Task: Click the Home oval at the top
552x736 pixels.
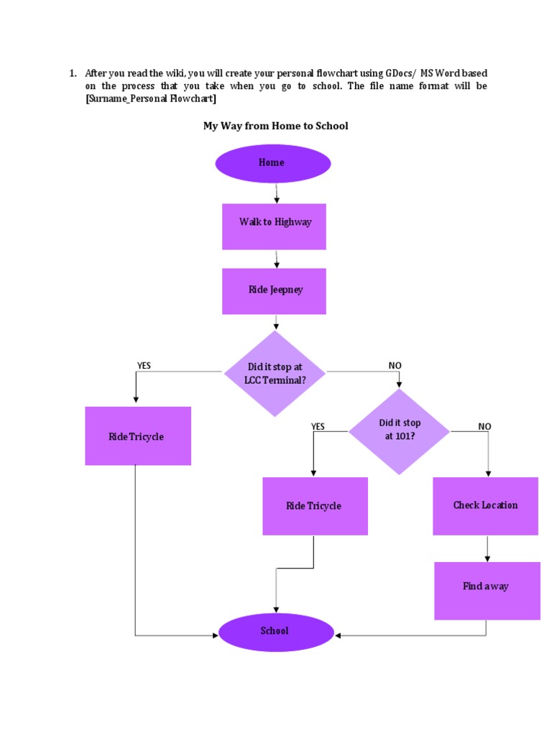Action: pos(272,163)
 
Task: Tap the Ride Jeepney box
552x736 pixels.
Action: pos(274,291)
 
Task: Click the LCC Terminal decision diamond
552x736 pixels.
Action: pos(275,374)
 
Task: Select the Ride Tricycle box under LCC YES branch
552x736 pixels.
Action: pos(138,436)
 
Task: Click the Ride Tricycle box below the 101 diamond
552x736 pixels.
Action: pos(315,506)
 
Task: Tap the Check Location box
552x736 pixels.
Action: pos(485,506)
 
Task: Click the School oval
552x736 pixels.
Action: pos(276,632)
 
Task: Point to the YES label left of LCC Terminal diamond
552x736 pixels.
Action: pos(144,366)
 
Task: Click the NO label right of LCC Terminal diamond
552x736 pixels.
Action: pos(395,366)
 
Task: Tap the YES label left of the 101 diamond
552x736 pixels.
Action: pos(318,427)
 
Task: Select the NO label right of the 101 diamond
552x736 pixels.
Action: pos(485,427)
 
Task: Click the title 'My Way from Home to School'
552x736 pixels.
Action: pos(276,126)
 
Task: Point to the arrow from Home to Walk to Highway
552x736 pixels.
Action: pos(277,193)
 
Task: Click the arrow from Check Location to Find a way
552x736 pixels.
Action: pos(488,548)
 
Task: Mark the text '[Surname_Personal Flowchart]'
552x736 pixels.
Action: pos(151,98)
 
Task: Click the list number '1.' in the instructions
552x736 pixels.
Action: pos(73,73)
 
